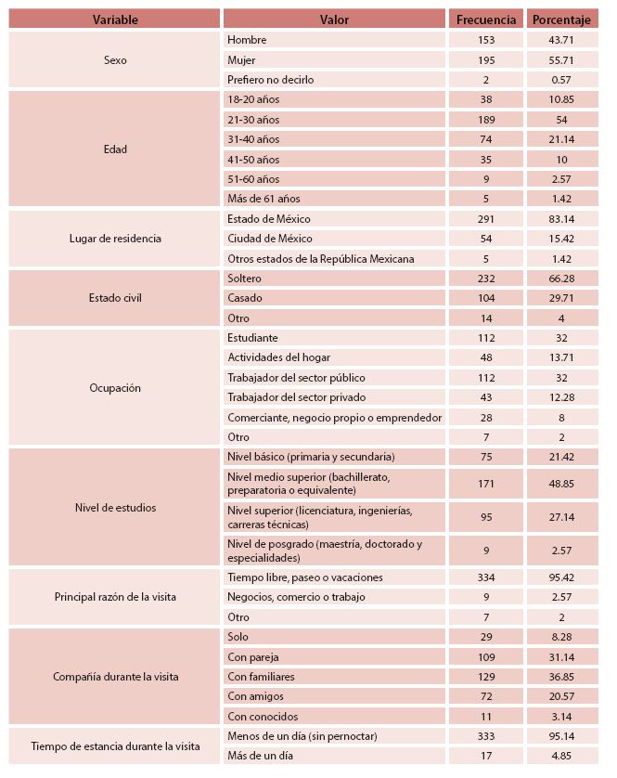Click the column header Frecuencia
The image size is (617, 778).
point(487,19)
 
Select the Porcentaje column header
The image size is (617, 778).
point(562,19)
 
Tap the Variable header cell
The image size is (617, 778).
point(115,19)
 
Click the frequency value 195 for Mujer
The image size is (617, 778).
point(487,59)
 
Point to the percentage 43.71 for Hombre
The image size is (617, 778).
point(562,40)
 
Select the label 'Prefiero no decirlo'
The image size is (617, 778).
point(271,80)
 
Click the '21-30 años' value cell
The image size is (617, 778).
point(253,120)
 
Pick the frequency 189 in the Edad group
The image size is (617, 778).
point(487,120)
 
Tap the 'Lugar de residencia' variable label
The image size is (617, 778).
point(115,239)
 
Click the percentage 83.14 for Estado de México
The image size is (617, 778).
point(562,219)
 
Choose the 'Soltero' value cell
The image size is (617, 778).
point(245,279)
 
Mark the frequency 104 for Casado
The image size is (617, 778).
point(487,298)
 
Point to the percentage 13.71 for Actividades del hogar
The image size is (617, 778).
point(562,357)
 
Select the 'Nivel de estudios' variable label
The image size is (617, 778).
point(115,508)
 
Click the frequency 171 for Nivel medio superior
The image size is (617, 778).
point(487,484)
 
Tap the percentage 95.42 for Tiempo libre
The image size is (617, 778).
point(562,577)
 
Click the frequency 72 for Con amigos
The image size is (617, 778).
point(487,696)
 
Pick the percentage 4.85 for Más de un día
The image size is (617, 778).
point(562,756)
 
